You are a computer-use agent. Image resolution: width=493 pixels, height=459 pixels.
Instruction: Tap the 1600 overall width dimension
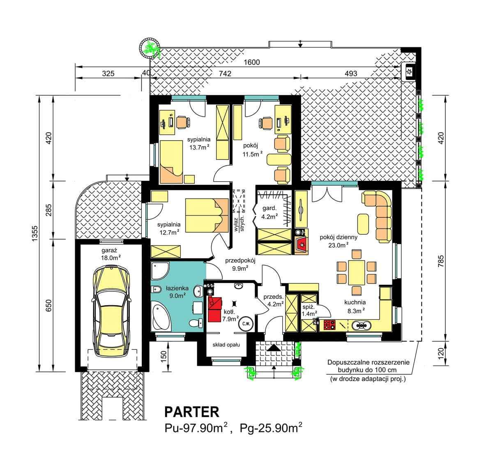coord(251,62)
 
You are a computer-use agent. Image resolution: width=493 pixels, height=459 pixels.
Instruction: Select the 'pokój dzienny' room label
coord(339,237)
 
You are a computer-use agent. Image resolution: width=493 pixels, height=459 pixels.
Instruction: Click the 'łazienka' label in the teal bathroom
coord(177,288)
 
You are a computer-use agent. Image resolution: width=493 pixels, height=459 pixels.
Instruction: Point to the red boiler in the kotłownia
coord(214,309)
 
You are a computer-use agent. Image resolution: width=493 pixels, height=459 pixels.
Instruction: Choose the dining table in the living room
coord(357,272)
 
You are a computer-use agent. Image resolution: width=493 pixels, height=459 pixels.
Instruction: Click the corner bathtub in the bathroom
coord(161,316)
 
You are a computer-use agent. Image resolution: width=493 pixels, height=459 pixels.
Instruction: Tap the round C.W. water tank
coord(246,324)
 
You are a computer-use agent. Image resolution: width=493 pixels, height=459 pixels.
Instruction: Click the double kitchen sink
coord(362,325)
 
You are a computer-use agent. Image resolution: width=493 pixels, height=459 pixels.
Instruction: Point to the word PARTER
coord(191,412)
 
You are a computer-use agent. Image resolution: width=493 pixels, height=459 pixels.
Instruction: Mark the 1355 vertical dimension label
coord(35,233)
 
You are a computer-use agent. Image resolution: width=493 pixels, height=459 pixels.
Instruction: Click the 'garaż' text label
coord(109,250)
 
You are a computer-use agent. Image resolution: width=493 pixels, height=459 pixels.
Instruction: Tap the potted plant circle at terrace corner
coord(150,48)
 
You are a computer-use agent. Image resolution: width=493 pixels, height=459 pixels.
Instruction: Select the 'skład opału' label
coord(226,345)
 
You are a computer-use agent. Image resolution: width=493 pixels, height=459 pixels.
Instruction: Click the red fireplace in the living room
coord(302,245)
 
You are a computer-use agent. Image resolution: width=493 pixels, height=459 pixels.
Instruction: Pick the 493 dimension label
coord(351,74)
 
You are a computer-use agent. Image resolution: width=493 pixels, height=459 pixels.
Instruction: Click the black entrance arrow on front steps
coord(274,348)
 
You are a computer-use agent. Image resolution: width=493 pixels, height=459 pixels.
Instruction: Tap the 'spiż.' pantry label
coord(308,307)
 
